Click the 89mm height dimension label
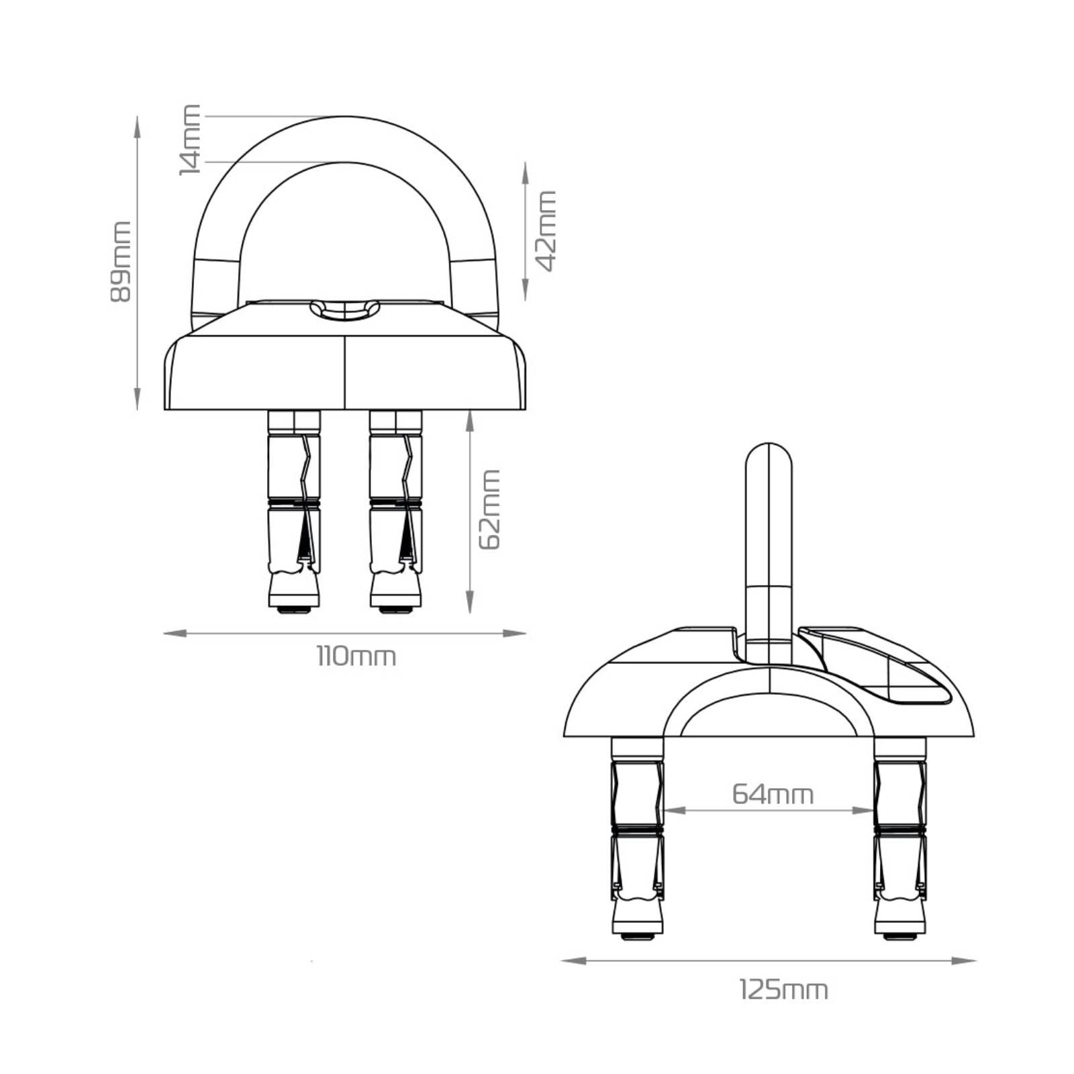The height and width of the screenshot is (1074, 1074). (121, 261)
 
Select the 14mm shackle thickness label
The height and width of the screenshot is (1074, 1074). (190, 139)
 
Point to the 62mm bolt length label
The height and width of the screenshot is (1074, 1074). (490, 509)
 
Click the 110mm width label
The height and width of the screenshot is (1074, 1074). (356, 656)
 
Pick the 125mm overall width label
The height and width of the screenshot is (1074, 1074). (783, 990)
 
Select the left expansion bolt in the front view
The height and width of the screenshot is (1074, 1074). (294, 510)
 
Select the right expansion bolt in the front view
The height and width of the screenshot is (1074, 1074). (396, 510)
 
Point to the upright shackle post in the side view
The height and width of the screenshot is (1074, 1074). (769, 537)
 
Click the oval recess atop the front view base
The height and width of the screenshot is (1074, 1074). (345, 310)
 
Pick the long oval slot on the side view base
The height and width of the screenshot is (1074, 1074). (879, 667)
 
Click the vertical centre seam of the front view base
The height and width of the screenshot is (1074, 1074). (345, 373)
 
